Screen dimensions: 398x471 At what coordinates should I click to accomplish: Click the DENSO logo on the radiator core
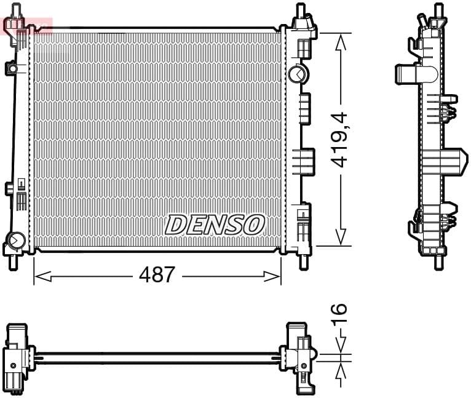tap(215, 225)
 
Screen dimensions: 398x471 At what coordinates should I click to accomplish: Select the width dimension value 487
tap(157, 274)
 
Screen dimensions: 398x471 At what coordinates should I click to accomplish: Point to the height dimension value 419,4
tap(339, 140)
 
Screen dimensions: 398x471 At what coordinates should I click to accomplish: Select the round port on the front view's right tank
tap(296, 74)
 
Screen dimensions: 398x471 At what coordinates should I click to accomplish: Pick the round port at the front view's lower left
tap(16, 239)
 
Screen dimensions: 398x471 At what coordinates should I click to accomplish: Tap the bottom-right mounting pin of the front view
tap(302, 261)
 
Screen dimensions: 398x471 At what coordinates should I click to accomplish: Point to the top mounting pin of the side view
tap(438, 10)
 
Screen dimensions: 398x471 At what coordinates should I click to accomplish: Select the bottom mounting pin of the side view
tap(438, 262)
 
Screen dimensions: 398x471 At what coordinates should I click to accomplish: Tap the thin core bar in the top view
tap(157, 356)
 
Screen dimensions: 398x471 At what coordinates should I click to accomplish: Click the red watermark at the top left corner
tap(28, 25)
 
